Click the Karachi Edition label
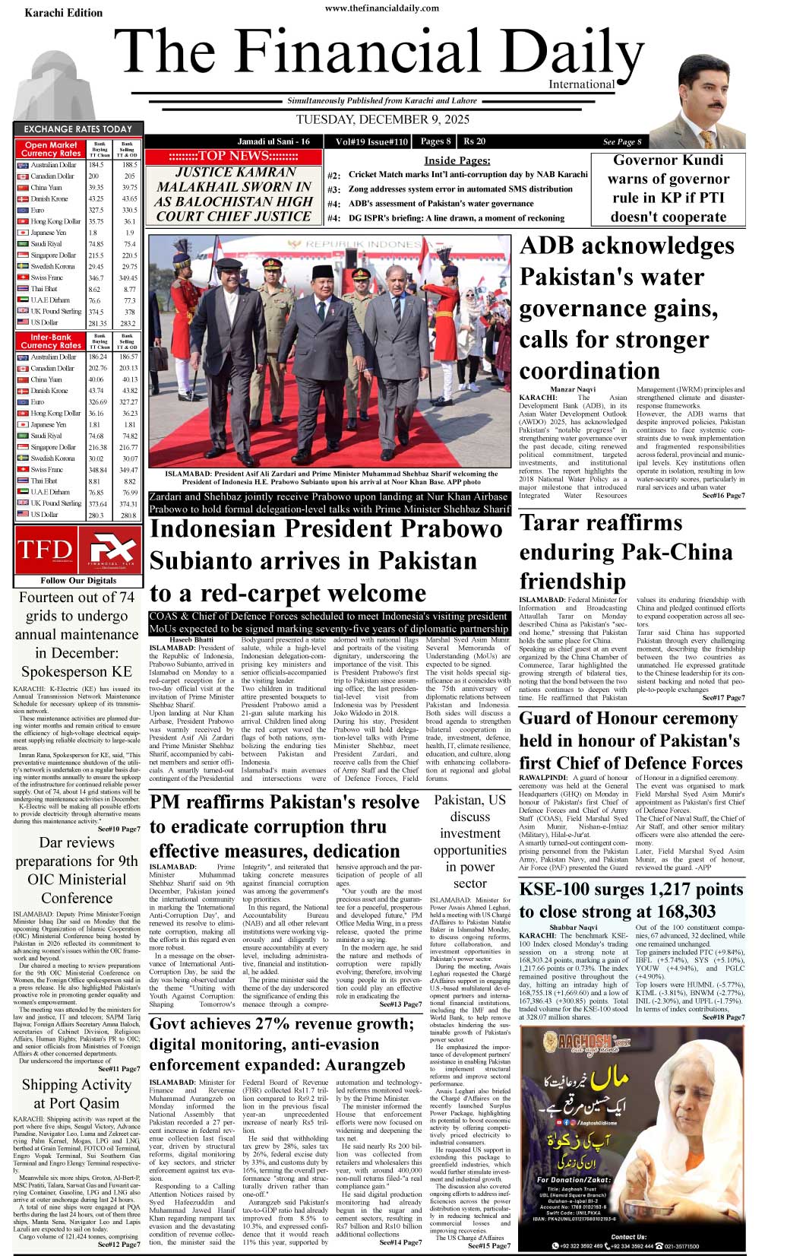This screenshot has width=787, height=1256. [63, 13]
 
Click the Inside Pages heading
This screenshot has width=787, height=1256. [457, 160]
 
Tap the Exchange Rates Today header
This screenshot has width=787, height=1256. [77, 129]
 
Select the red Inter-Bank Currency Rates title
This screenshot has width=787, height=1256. [51, 341]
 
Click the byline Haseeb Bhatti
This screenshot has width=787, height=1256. [181, 639]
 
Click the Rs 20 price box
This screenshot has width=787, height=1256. [475, 141]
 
